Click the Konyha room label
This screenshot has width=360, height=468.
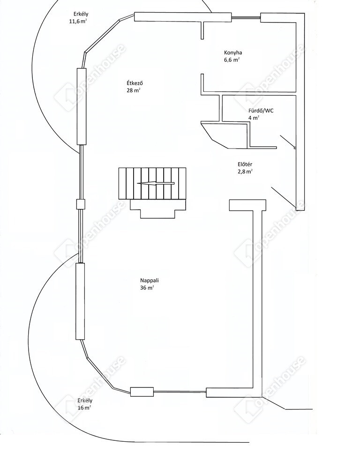pos(233,53)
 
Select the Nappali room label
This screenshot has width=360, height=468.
pos(150,281)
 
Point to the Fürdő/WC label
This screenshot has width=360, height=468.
pos(261,111)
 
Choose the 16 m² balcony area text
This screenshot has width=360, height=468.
pos(84,408)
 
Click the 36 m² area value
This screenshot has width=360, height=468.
pos(147,288)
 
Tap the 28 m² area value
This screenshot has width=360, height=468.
pos(134,90)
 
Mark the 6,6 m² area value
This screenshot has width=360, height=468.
pos(232,60)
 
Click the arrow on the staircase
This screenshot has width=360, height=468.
pos(155,183)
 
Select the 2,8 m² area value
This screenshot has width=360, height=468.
pos(246,171)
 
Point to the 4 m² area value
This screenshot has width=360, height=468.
pos(254,118)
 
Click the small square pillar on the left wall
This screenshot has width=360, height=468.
pos(81,204)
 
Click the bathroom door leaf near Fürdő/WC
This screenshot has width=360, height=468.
pos(287,141)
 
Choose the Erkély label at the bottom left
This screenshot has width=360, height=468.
pos(85,401)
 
